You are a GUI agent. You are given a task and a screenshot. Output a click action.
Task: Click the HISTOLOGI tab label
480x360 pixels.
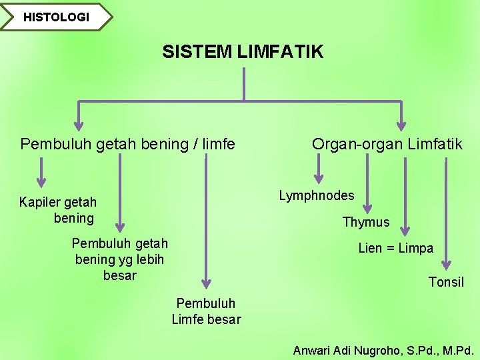pyautogui.click(x=56, y=17)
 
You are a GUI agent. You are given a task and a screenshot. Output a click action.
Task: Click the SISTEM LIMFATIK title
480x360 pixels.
pyautogui.click(x=243, y=52)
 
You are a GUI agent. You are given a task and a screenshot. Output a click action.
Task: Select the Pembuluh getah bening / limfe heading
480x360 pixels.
pyautogui.click(x=128, y=144)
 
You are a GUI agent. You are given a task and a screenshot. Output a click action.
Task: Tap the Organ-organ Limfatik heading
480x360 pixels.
pyautogui.click(x=387, y=144)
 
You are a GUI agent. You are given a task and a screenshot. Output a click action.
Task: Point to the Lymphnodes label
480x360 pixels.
pyautogui.click(x=317, y=195)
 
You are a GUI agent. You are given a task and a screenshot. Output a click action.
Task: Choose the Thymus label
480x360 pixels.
pyautogui.click(x=365, y=222)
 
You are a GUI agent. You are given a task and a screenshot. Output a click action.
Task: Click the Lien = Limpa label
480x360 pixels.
pyautogui.click(x=395, y=249)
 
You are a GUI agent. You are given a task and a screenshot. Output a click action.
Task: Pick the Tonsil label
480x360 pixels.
pyautogui.click(x=446, y=282)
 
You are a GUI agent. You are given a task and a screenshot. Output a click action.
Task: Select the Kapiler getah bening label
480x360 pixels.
pyautogui.click(x=58, y=210)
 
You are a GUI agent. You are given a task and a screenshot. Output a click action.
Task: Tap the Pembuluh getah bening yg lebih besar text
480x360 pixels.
pyautogui.click(x=120, y=259)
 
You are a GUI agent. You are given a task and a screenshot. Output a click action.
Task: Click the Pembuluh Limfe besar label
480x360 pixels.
pyautogui.click(x=206, y=311)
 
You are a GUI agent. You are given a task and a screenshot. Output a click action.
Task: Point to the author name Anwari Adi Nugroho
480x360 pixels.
pyautogui.click(x=383, y=350)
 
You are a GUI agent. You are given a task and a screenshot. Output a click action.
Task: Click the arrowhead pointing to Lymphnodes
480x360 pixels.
pyautogui.click(x=319, y=178)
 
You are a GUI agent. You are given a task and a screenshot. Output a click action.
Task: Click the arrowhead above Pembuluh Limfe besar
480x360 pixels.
pyautogui.click(x=206, y=282)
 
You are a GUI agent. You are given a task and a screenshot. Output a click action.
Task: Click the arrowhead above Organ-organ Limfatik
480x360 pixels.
pyautogui.click(x=401, y=124)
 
